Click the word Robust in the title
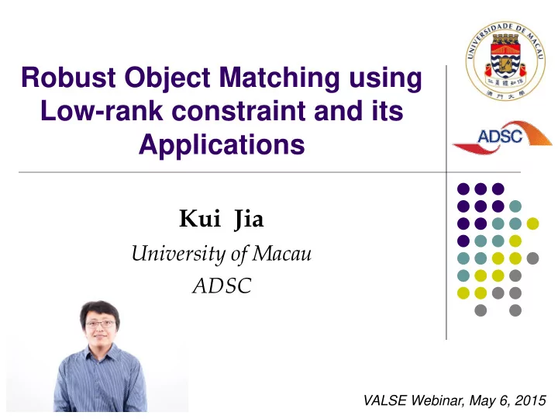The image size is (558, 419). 68,77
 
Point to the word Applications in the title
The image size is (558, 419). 222,146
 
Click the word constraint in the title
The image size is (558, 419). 239,111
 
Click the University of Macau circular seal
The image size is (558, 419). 505,61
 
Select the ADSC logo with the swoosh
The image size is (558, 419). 502,137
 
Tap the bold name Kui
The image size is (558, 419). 200,218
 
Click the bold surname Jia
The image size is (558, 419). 249,220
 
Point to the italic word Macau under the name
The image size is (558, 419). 282,254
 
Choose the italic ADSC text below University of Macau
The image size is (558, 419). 222,286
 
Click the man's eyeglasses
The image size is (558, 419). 101,324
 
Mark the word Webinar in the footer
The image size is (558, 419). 438,400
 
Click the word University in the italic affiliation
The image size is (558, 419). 179,255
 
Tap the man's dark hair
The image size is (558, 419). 100,310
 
